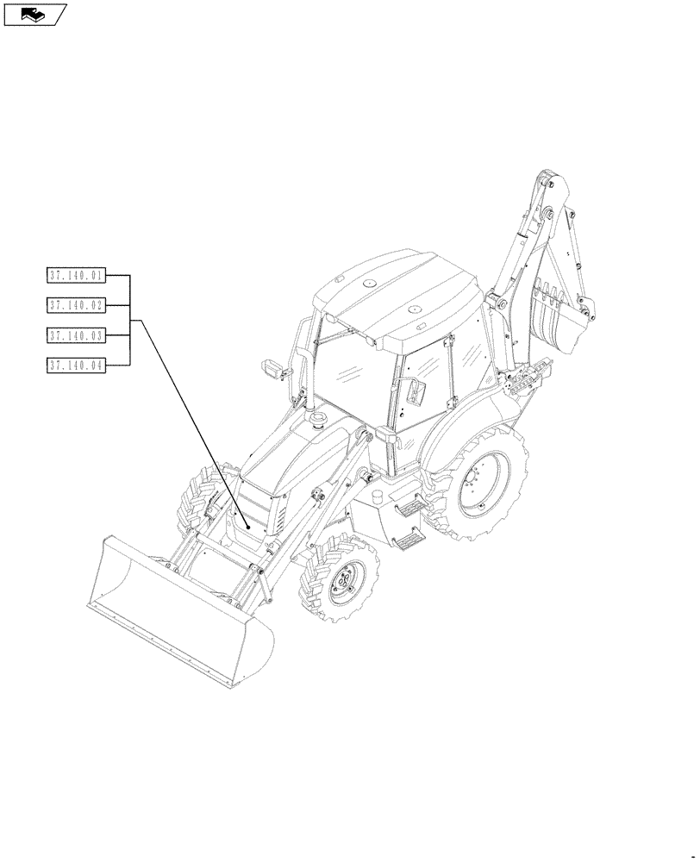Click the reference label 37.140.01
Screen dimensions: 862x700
(x=76, y=277)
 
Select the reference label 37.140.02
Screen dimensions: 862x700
(x=76, y=305)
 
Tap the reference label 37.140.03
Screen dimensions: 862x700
(x=76, y=334)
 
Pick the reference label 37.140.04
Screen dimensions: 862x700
(x=76, y=365)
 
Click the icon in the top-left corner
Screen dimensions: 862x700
(x=34, y=14)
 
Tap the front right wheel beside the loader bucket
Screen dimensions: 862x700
(x=340, y=581)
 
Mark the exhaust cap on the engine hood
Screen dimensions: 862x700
(x=316, y=421)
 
